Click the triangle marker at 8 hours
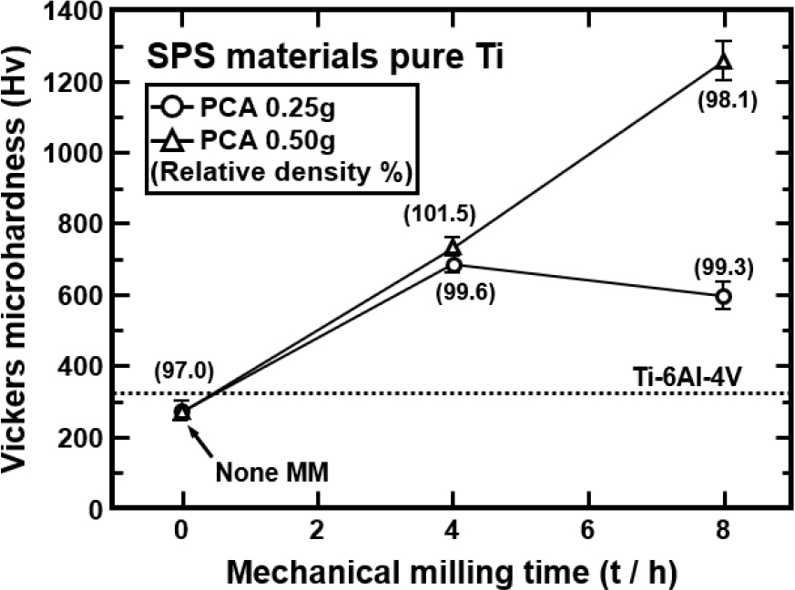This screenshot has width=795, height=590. point(724,63)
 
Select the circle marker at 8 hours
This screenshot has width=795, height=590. point(724,296)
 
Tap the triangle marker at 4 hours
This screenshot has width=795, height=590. point(454,248)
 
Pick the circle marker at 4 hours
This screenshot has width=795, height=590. point(454,265)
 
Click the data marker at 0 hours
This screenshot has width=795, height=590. point(182,412)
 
